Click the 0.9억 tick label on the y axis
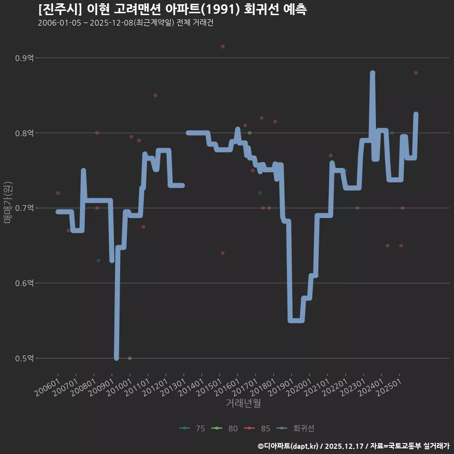pos(25,58)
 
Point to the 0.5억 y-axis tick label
pos(25,358)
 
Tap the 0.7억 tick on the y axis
pos(25,208)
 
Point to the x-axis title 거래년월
pos(243,403)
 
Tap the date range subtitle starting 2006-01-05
pos(125,23)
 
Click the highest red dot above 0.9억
pos(223,46)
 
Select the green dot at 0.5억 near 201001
pos(130,358)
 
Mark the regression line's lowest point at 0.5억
pos(116,358)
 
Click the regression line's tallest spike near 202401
pos(373,73)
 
